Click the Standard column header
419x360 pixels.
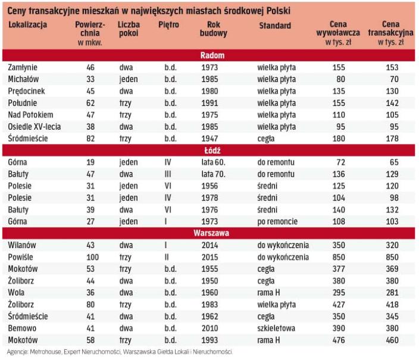pyautogui.click(x=275, y=26)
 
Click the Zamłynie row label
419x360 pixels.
pyautogui.click(x=23, y=67)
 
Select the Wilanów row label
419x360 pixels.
pyautogui.click(x=23, y=245)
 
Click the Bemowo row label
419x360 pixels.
pyautogui.click(x=22, y=328)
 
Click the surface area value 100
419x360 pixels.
pyautogui.click(x=90, y=257)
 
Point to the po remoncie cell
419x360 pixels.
pyautogui.click(x=279, y=221)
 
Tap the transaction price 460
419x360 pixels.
pyautogui.click(x=392, y=340)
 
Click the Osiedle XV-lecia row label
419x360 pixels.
pyautogui.click(x=35, y=127)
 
